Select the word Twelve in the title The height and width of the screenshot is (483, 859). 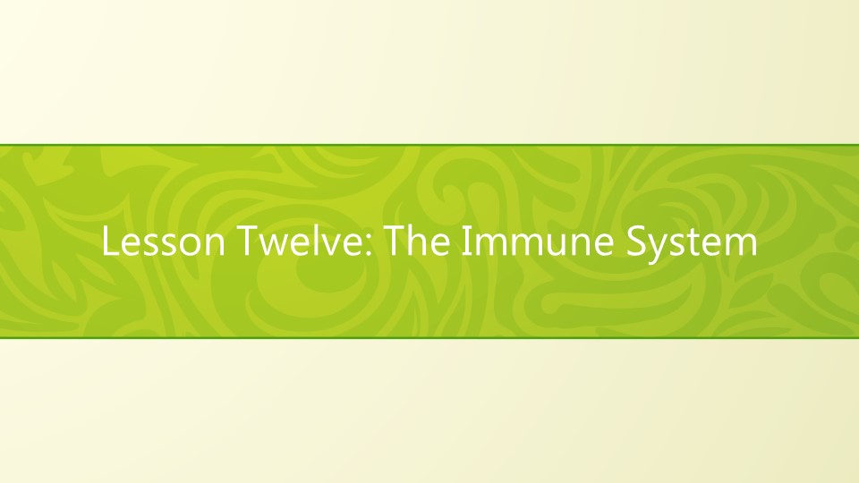pos(290,242)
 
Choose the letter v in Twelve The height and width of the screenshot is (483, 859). pos(323,247)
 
